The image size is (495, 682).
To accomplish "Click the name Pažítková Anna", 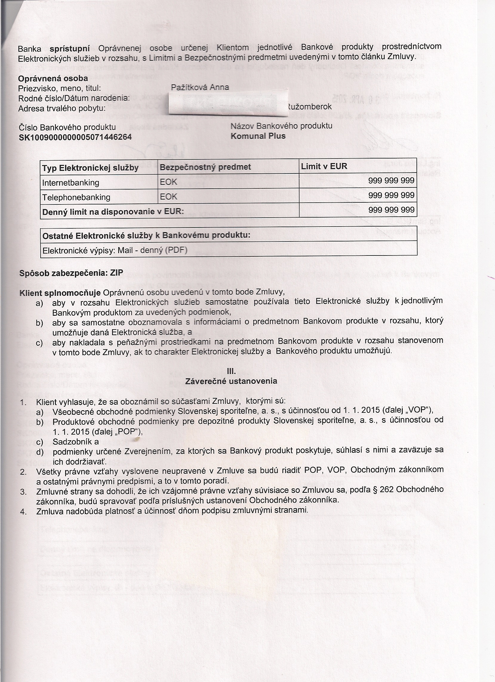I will tap(200, 87).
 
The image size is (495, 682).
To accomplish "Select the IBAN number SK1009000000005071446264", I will tap(75, 137).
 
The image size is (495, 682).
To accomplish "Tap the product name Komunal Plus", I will tap(258, 136).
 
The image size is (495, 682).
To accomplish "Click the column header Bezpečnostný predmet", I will tap(205, 167).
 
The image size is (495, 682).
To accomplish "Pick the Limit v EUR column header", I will tap(324, 166).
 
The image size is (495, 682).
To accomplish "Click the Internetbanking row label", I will tap(71, 183).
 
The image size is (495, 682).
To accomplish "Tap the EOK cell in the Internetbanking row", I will tap(169, 182).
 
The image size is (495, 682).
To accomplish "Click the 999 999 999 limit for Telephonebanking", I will tap(391, 195).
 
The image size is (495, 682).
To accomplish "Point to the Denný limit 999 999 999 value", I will tap(391, 210).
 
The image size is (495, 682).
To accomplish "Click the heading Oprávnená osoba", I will tap(53, 78).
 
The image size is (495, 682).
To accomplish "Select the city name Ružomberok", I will tap(310, 107).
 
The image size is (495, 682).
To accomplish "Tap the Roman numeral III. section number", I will tap(231, 372).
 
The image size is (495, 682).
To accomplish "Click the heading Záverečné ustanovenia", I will tap(231, 381).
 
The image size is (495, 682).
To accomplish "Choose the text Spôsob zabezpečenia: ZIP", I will tap(71, 273).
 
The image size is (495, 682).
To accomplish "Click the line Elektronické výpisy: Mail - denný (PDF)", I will tap(115, 250).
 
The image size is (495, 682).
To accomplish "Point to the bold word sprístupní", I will tap(70, 48).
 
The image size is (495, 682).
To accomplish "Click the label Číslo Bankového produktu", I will tap(67, 127).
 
